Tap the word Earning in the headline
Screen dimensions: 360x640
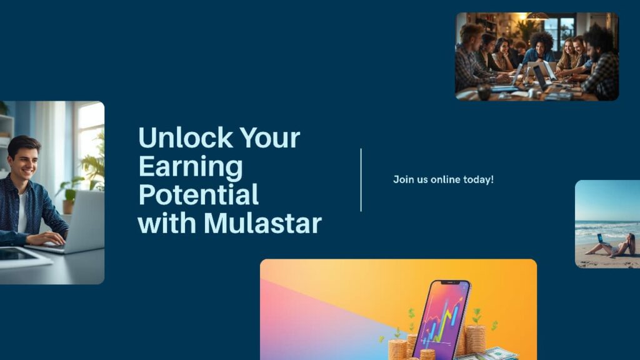(x=191, y=166)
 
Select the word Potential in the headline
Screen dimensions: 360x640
(x=198, y=194)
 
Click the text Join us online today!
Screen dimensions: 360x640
(x=443, y=179)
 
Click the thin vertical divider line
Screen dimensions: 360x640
(x=361, y=180)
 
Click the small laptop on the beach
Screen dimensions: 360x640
(x=600, y=239)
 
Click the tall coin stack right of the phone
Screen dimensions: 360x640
(x=476, y=337)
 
